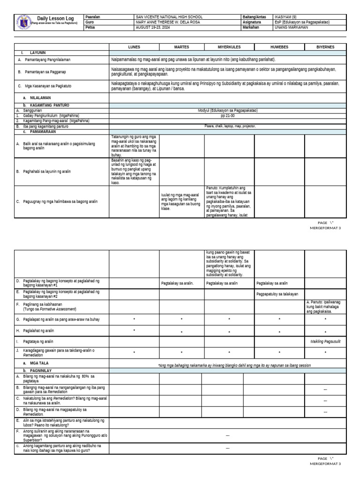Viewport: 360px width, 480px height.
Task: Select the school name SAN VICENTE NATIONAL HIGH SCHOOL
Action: point(169,17)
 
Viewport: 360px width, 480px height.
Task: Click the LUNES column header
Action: point(134,47)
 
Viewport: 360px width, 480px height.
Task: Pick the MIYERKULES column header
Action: point(229,47)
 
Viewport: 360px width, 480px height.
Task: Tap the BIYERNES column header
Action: point(325,47)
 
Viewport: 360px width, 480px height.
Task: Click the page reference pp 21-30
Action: point(228,115)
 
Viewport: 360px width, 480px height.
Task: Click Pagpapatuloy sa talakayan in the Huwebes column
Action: point(277,294)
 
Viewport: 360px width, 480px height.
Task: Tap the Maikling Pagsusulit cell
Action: point(325,342)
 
